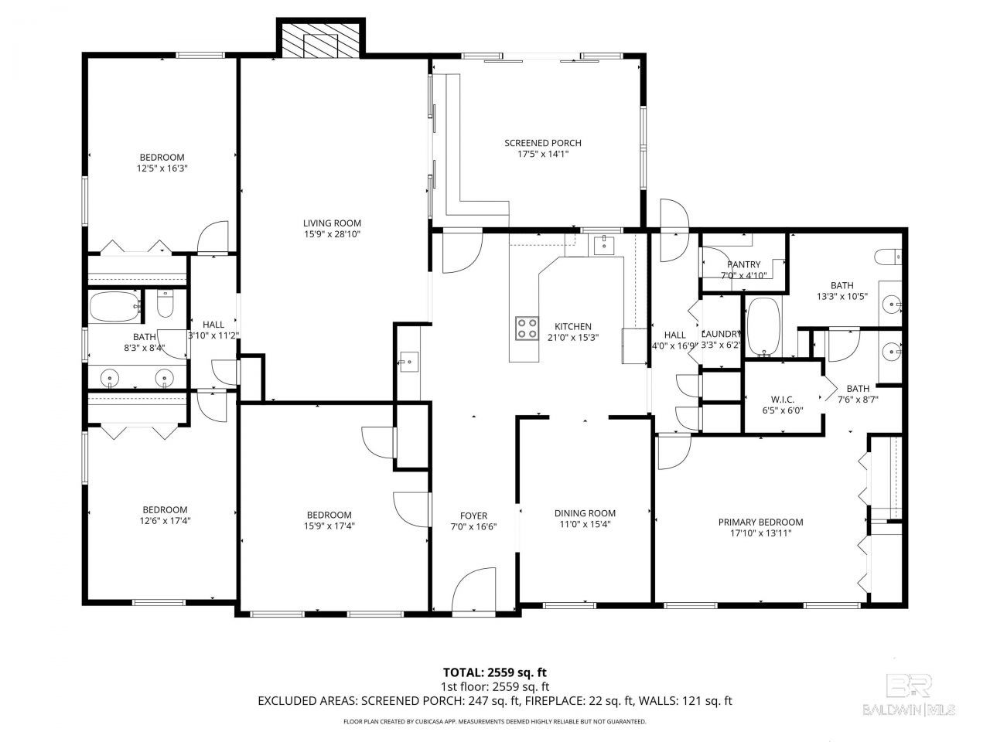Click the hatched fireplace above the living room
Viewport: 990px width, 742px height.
point(319,40)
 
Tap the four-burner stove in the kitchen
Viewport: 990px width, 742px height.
point(527,328)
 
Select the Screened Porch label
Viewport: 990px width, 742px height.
point(543,143)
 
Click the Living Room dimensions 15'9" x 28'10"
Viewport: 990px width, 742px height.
point(332,234)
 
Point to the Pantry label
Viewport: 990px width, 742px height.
point(744,264)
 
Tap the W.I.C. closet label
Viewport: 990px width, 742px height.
point(783,400)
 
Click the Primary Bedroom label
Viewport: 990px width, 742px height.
point(760,522)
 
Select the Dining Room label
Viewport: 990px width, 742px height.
point(585,513)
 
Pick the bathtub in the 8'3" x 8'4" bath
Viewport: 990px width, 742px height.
point(114,307)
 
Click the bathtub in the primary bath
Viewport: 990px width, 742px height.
point(763,327)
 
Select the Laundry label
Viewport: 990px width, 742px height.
point(720,334)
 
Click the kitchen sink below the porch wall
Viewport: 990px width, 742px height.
point(603,246)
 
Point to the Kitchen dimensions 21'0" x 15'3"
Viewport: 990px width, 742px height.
point(573,338)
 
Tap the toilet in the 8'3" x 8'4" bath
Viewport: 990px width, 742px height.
point(165,303)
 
